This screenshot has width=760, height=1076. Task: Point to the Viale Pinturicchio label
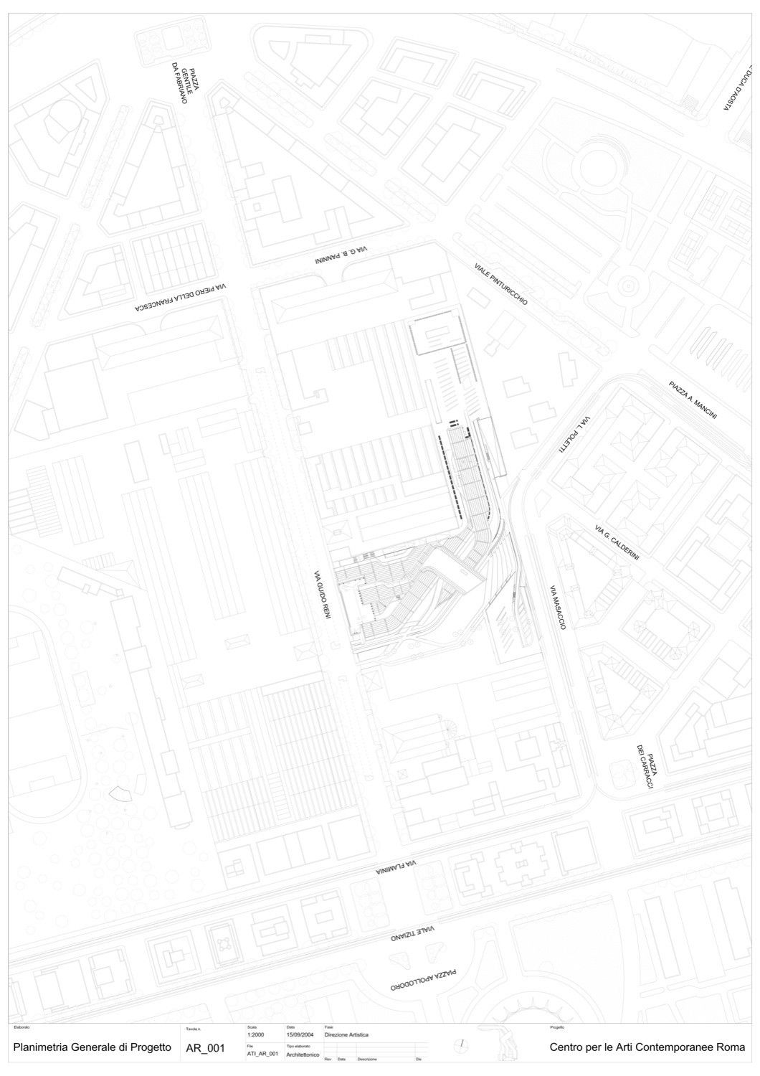click(500, 283)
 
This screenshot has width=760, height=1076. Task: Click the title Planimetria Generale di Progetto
click(92, 1047)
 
